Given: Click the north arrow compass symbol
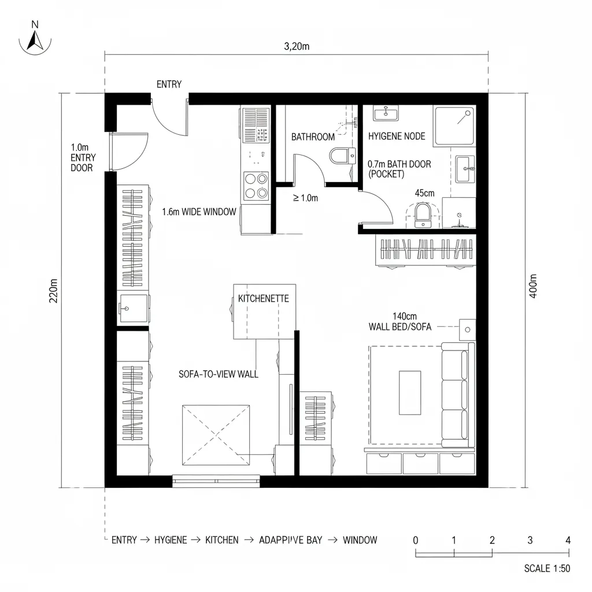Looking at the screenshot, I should coord(35,38).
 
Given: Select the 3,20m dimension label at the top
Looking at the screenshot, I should coord(297,47).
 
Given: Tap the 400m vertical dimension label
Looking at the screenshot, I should coord(533,286).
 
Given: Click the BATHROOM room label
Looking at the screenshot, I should coord(313,137).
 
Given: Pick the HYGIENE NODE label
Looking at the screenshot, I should coord(397,136).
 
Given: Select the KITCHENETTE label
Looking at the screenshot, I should coord(263,299).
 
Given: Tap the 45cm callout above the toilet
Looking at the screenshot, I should coord(425,193).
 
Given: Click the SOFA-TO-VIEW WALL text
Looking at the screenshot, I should coord(219,374).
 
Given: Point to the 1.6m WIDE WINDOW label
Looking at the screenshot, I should coord(199,212).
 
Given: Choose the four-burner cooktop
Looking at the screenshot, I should coord(256,186).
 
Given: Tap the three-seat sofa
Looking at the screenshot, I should coord(457,395).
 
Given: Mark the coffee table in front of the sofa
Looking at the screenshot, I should coord(410,393).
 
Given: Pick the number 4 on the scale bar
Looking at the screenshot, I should coord(568,540).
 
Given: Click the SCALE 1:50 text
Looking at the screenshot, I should coord(547,568).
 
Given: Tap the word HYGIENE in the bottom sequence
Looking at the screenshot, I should coord(171,540).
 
